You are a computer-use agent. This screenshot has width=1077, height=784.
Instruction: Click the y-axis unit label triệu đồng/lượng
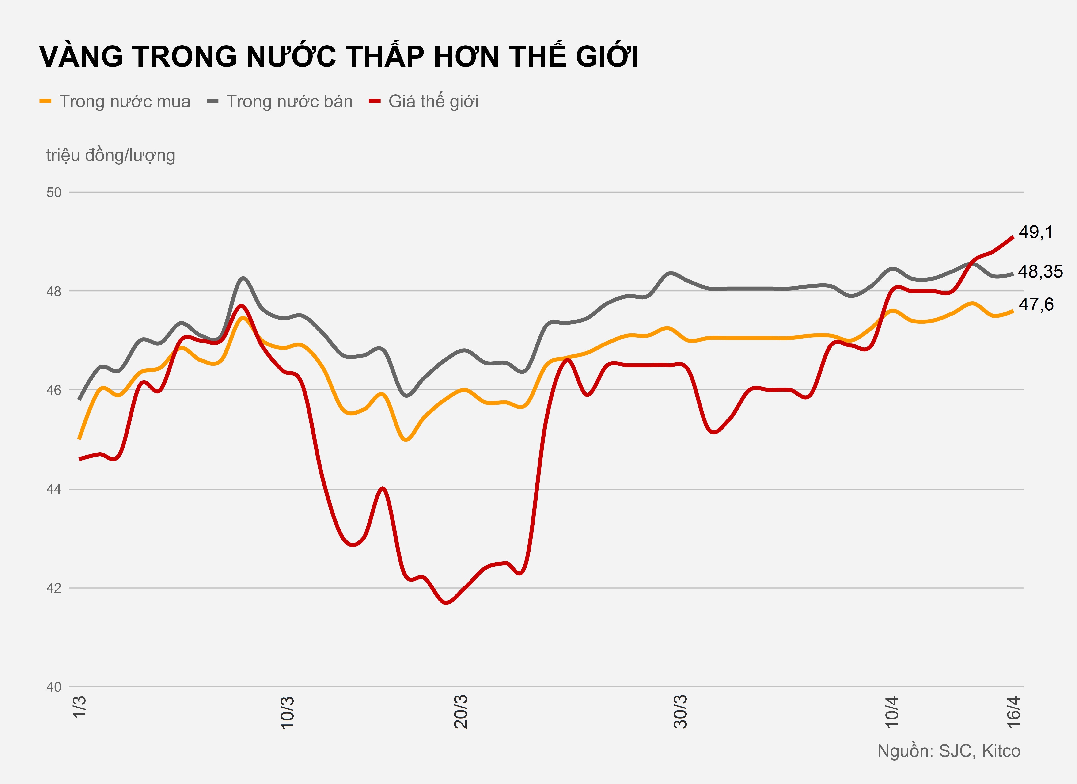click(x=111, y=155)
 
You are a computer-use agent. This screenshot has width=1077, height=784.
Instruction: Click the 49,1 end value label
click(x=1036, y=232)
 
